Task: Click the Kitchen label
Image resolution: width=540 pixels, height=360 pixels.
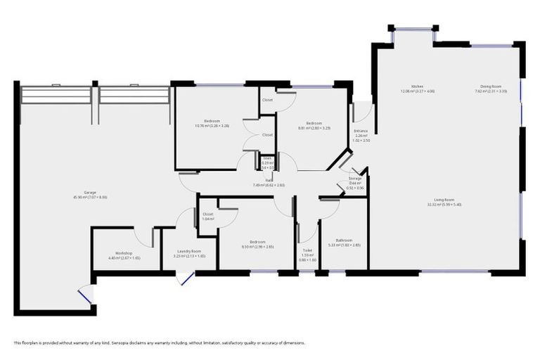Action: click(417, 86)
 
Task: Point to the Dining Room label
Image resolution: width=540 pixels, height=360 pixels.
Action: click(491, 86)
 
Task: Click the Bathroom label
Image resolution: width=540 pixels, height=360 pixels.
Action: click(344, 240)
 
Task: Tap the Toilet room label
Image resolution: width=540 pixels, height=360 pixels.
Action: click(307, 250)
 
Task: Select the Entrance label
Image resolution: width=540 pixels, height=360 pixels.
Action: click(361, 131)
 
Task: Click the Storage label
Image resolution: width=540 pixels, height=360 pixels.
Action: click(355, 179)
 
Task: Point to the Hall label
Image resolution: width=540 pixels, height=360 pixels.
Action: click(269, 181)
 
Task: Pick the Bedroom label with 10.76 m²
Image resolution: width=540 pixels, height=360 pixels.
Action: click(212, 121)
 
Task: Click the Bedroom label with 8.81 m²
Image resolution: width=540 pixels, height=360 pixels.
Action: click(314, 123)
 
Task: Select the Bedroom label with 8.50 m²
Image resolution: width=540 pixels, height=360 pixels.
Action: click(257, 243)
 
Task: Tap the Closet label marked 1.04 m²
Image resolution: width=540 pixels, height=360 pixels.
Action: click(207, 214)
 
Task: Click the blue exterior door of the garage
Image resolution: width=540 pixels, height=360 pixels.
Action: click(85, 295)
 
